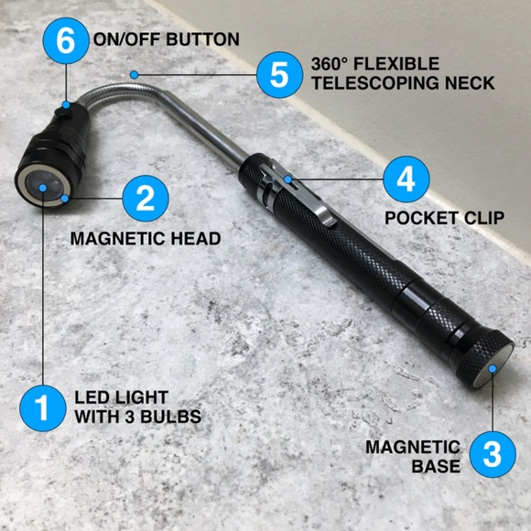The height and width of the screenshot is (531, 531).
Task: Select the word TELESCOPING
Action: (363, 83)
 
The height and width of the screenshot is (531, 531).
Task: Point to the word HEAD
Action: (198, 239)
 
